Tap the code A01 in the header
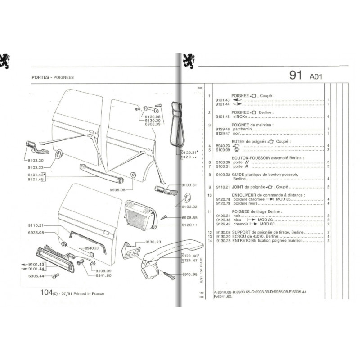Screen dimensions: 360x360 tap(316, 77)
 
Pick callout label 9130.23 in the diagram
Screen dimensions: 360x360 tap(153, 242)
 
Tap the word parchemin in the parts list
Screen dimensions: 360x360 tap(241, 129)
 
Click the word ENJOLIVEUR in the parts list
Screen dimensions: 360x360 tap(243, 195)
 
